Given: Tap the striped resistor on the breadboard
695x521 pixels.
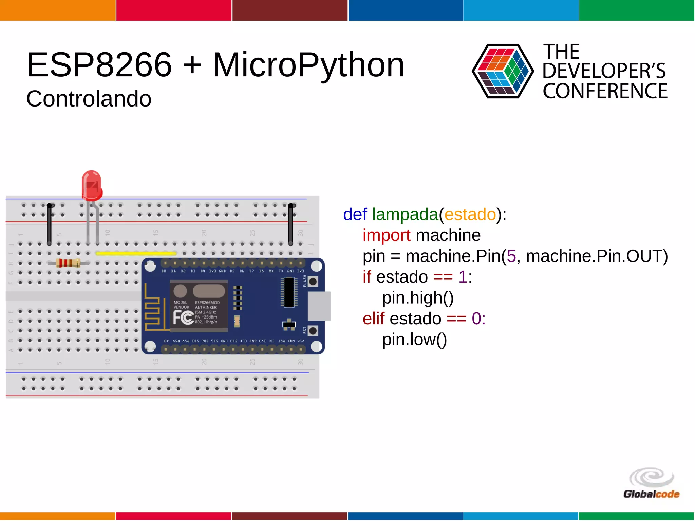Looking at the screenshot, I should pos(68,263).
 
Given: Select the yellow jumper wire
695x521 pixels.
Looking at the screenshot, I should pos(136,253).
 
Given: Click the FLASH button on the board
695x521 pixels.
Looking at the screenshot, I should pos(313,281).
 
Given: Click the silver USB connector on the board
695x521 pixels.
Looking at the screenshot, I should pos(319,306).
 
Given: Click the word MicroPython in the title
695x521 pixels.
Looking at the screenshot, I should pos(308,65).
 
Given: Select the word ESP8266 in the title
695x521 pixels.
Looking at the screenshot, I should pos(99,65).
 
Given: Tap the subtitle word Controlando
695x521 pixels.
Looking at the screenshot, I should pos(89,99).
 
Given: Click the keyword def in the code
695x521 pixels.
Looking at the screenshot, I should pos(355,214).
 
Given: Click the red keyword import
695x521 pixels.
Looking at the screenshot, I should pos(386,235).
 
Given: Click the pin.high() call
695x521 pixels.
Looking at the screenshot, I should pos(418,298).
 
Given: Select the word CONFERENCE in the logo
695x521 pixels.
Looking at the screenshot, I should pos(605,91).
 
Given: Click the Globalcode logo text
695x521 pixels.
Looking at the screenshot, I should pos(651,494).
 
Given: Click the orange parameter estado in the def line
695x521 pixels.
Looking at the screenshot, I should pos(470,214).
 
